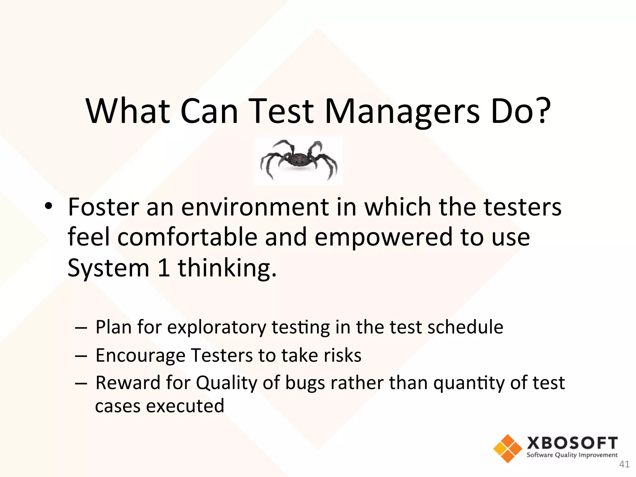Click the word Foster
pos(103,207)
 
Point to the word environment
pos(255,207)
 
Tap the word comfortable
pos(187,237)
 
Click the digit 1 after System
pos(164,268)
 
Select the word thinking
pos(227,268)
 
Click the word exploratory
pos(216,328)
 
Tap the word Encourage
pos(140,356)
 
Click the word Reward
pos(128,383)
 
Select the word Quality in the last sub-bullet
pos(226,383)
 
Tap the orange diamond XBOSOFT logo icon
pos(507,448)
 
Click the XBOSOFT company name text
pos(572,443)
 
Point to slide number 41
pos(624,464)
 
